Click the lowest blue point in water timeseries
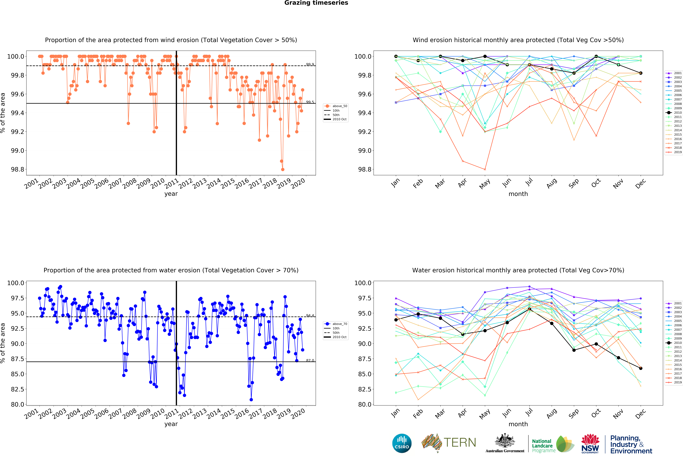[251, 400]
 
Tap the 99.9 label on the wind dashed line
[310, 64]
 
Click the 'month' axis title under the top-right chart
[518, 194]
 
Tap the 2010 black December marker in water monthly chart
[641, 368]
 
